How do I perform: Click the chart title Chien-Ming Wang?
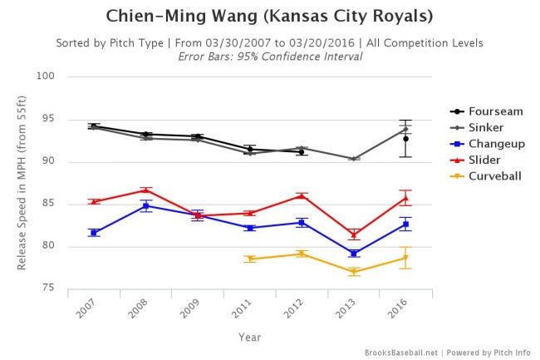click(x=270, y=17)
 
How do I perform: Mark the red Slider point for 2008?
click(x=146, y=190)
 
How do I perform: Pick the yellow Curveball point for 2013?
click(x=354, y=271)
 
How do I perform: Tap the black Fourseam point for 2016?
click(x=405, y=139)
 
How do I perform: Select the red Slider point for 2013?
click(x=354, y=234)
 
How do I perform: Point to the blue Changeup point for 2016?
click(x=405, y=224)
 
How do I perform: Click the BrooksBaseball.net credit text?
click(x=401, y=353)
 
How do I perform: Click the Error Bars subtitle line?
click(x=270, y=56)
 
